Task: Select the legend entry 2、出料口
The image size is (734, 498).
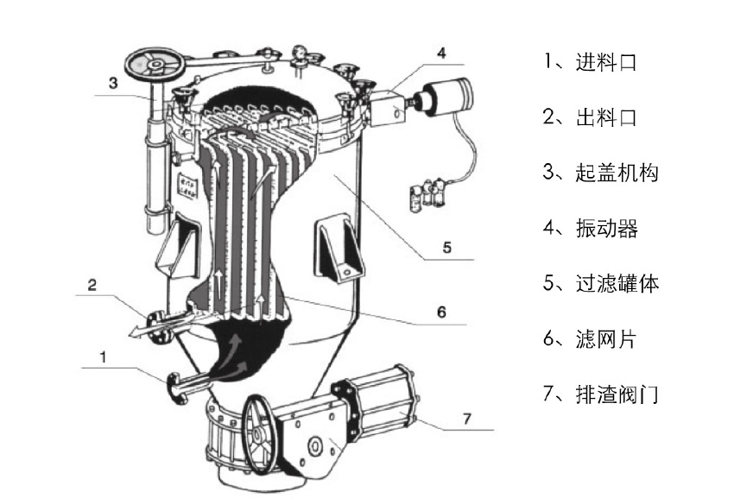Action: (590, 117)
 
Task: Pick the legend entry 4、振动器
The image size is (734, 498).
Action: (590, 228)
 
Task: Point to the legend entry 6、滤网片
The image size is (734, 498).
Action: (590, 339)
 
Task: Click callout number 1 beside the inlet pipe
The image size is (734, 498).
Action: (104, 355)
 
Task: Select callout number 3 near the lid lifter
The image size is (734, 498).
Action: (112, 84)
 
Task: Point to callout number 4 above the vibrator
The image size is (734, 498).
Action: (441, 54)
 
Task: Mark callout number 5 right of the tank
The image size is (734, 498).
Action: (446, 248)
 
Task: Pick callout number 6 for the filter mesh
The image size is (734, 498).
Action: (441, 312)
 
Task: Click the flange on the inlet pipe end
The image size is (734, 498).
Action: (178, 388)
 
